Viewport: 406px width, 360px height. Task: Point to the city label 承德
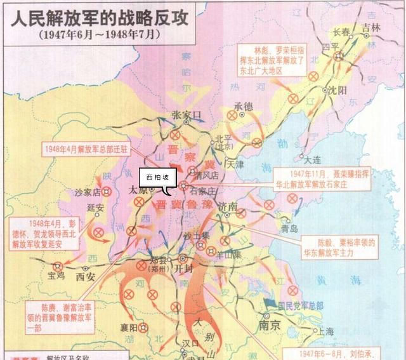click(243, 106)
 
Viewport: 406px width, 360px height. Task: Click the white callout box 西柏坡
click(158, 177)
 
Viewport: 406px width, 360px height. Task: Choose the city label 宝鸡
click(56, 277)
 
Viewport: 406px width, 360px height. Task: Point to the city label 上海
click(326, 331)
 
